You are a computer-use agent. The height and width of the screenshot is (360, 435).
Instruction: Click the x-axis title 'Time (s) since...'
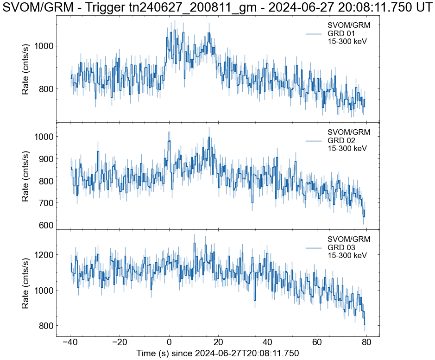pyautogui.click(x=218, y=353)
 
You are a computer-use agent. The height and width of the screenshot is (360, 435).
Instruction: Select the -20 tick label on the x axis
pyautogui.click(x=120, y=343)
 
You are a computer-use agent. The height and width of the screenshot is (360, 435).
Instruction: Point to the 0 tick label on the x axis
pyautogui.click(x=169, y=343)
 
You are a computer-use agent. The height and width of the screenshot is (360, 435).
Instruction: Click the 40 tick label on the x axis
pyautogui.click(x=268, y=343)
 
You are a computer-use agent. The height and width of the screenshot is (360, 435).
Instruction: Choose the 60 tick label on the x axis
pyautogui.click(x=317, y=343)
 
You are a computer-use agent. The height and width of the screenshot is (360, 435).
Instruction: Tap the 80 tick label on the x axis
pyautogui.click(x=366, y=343)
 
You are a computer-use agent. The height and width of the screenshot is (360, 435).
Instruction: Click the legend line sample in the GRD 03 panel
pyautogui.click(x=314, y=248)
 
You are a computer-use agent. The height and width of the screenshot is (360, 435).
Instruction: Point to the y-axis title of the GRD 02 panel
pyautogui.click(x=26, y=176)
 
